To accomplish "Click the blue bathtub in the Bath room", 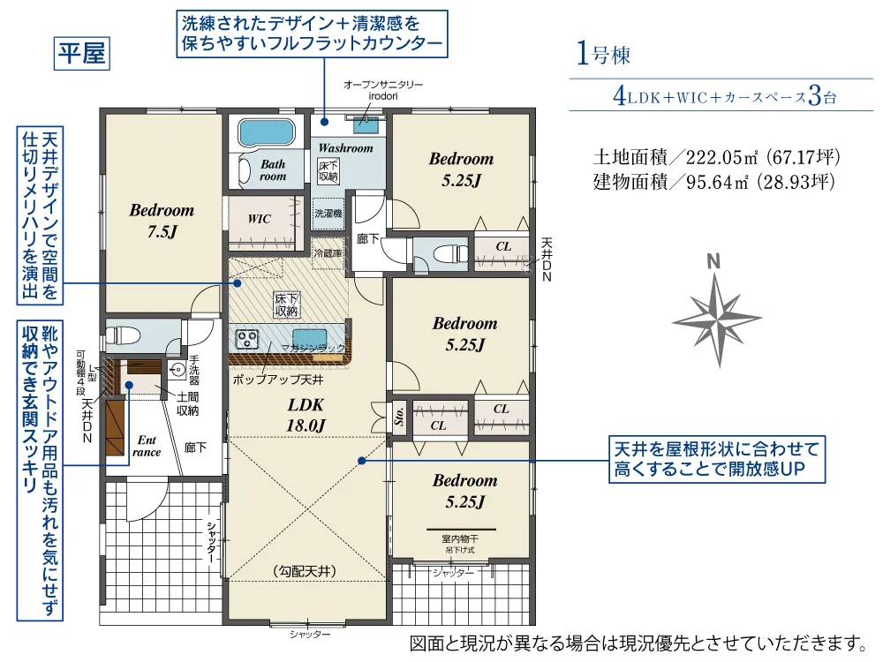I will coord(266,132).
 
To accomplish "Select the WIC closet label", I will coord(259,219).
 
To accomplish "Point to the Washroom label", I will coord(345,148).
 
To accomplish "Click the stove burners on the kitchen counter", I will coord(246,338).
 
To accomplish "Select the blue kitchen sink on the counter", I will coord(309,336).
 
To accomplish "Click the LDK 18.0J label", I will coord(306,414).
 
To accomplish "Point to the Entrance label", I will coord(147,446).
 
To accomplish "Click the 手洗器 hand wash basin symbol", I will coord(177,371).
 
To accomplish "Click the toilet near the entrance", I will coord(121,335).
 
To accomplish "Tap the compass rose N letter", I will coord(713,261).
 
